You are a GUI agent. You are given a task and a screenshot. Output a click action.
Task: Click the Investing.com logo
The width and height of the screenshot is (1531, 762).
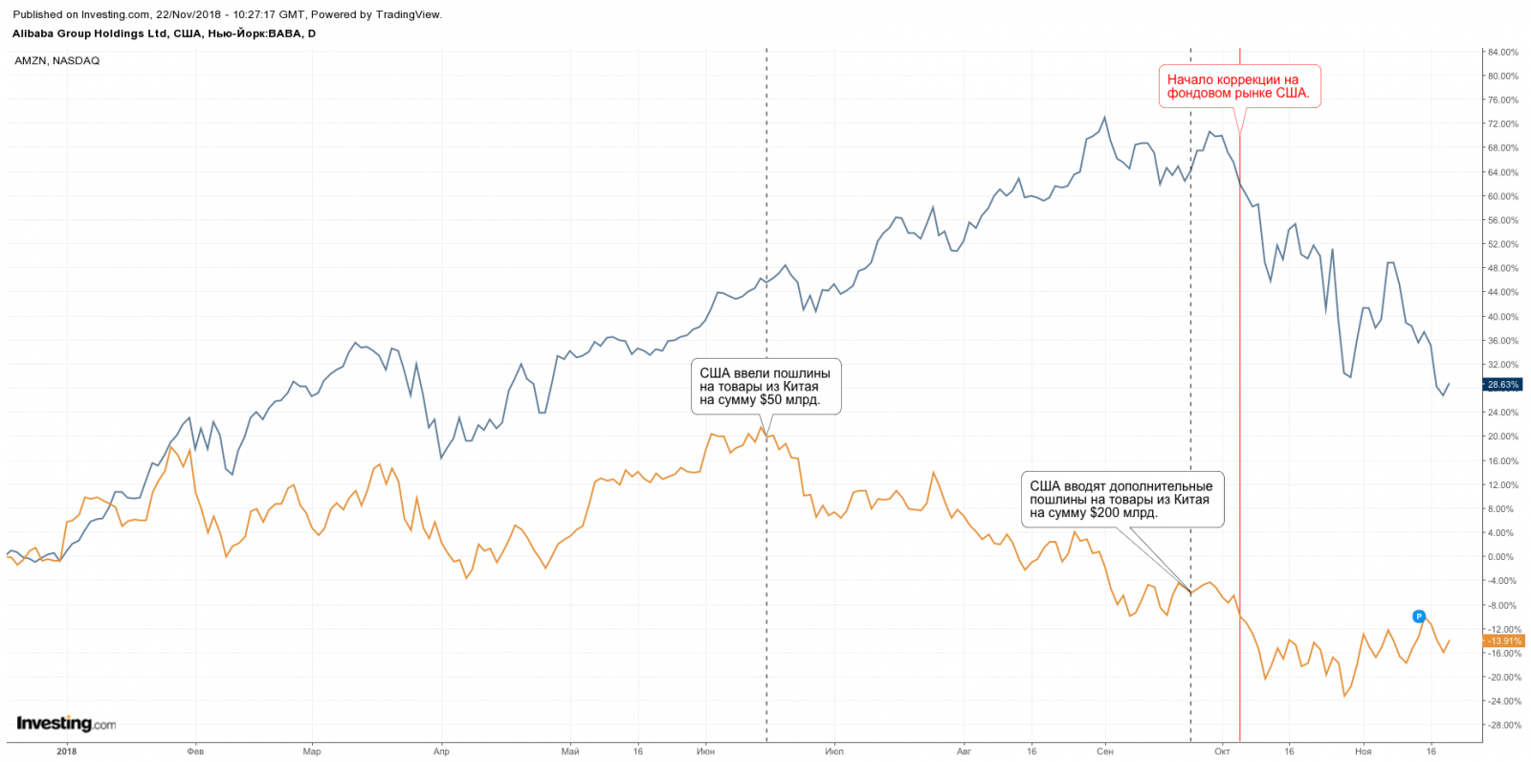coord(66,724)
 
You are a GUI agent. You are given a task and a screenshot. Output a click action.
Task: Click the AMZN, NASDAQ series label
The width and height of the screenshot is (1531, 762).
coord(57,61)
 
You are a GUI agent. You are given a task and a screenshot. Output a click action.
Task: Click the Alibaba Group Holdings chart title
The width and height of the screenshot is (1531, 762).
coord(164,34)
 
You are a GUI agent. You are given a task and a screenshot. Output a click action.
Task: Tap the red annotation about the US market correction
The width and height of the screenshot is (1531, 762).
coord(1238,86)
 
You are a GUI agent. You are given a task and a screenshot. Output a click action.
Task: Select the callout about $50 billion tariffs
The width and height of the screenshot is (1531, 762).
coord(765,387)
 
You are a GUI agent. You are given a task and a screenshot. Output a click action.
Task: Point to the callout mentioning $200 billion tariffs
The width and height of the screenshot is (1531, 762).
coord(1121,499)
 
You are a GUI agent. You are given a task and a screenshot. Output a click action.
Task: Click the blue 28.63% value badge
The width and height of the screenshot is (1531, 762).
coord(1502,385)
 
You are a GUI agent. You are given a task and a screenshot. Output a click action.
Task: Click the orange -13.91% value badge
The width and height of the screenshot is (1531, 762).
coord(1503,641)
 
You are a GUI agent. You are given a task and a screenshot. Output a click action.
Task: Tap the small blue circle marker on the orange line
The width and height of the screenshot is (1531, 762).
coord(1419,616)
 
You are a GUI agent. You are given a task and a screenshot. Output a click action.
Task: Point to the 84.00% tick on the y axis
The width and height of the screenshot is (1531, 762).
coord(1503,53)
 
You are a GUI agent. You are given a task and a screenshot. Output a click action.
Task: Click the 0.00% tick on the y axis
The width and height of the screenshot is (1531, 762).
coord(1501,557)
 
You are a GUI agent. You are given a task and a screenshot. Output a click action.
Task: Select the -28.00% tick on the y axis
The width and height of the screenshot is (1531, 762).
coord(1502,726)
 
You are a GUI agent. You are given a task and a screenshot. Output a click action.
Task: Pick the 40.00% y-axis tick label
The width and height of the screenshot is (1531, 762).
coord(1502,317)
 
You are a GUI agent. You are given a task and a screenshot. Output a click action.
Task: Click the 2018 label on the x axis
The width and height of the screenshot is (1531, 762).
coord(66,751)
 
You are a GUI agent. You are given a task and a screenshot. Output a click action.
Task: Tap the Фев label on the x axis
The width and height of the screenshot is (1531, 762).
coord(195,751)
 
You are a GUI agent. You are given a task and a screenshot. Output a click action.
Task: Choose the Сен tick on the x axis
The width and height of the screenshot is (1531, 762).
coord(1104,751)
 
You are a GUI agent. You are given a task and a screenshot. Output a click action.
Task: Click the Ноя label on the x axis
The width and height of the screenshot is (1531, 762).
coord(1363,751)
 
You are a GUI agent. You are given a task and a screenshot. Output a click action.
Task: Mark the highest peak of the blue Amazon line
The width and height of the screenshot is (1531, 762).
coord(1104,118)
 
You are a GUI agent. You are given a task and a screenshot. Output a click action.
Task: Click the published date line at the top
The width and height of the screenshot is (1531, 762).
coord(228,14)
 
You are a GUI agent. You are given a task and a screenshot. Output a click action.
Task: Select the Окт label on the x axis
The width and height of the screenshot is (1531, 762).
coord(1222,751)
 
